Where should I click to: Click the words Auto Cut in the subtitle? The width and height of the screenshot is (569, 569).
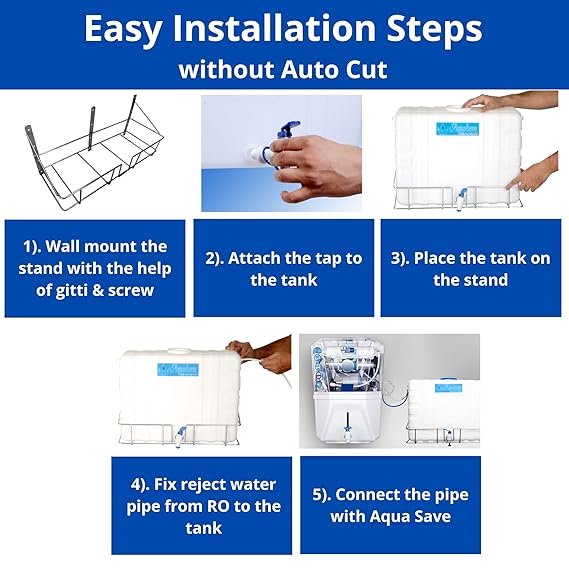[335, 69]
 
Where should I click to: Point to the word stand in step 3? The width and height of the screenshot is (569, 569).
[485, 280]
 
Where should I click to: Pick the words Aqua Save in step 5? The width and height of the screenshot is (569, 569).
[390, 516]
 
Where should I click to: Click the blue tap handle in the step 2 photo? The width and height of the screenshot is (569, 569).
[288, 130]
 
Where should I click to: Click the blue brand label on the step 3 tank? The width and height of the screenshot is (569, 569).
[458, 129]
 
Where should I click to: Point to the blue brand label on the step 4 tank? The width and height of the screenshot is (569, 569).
[178, 369]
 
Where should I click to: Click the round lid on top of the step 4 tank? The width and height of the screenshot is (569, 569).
[179, 351]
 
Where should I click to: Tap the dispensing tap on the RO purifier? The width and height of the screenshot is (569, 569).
[348, 432]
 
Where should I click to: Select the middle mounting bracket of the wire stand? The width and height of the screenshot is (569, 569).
[92, 128]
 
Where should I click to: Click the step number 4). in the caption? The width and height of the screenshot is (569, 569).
[140, 485]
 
